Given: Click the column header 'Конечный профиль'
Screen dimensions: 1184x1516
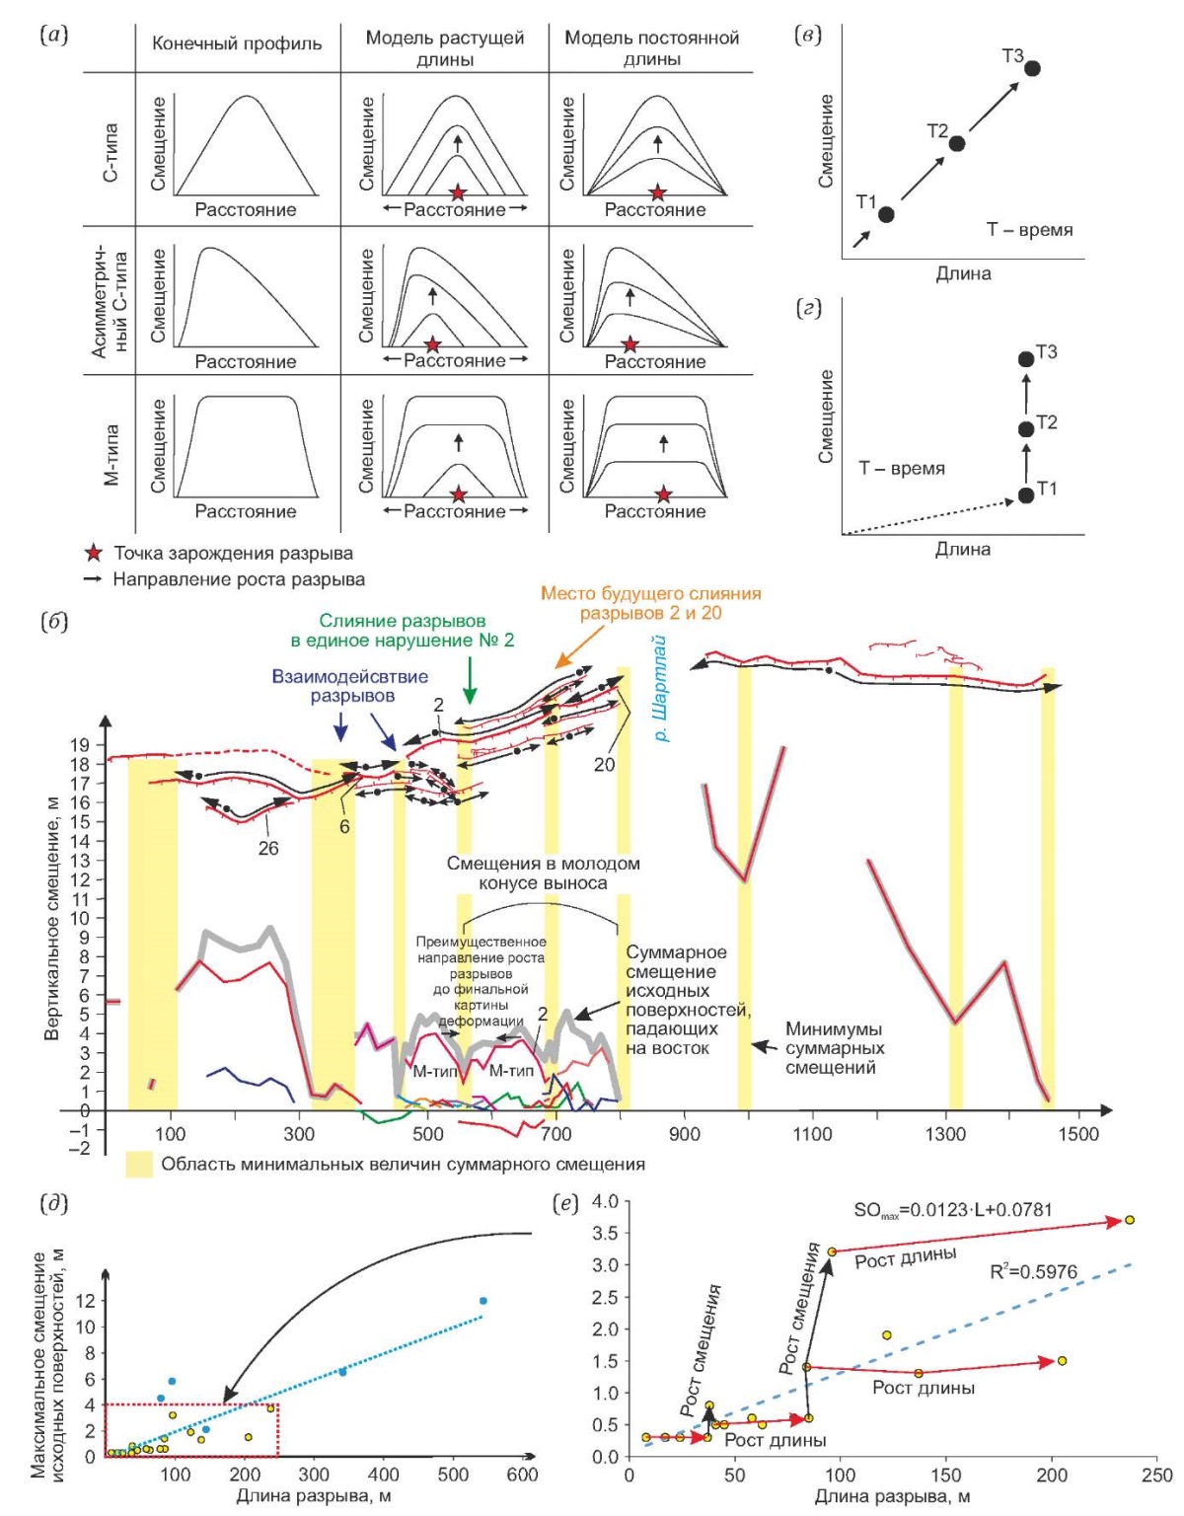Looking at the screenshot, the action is coord(237,44).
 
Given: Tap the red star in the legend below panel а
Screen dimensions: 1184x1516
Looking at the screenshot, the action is coord(93,554).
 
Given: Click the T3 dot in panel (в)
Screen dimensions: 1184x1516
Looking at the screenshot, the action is coord(1033,68).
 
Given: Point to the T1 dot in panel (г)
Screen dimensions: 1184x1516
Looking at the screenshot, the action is coord(1025,494).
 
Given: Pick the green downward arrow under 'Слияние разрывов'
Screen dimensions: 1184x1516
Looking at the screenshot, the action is coord(471,679).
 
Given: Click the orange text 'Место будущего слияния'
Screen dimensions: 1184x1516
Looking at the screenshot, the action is coord(650,594).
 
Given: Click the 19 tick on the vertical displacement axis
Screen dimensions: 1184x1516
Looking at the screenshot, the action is coord(80,744).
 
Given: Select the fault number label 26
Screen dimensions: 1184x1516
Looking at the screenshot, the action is coord(268,849).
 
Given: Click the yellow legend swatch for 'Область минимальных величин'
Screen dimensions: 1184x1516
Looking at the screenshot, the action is coord(139,1165).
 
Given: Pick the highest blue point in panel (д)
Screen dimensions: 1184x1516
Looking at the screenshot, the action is coord(482,1301).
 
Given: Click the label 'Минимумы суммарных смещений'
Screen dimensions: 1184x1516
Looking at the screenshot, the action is coord(835,1048).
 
